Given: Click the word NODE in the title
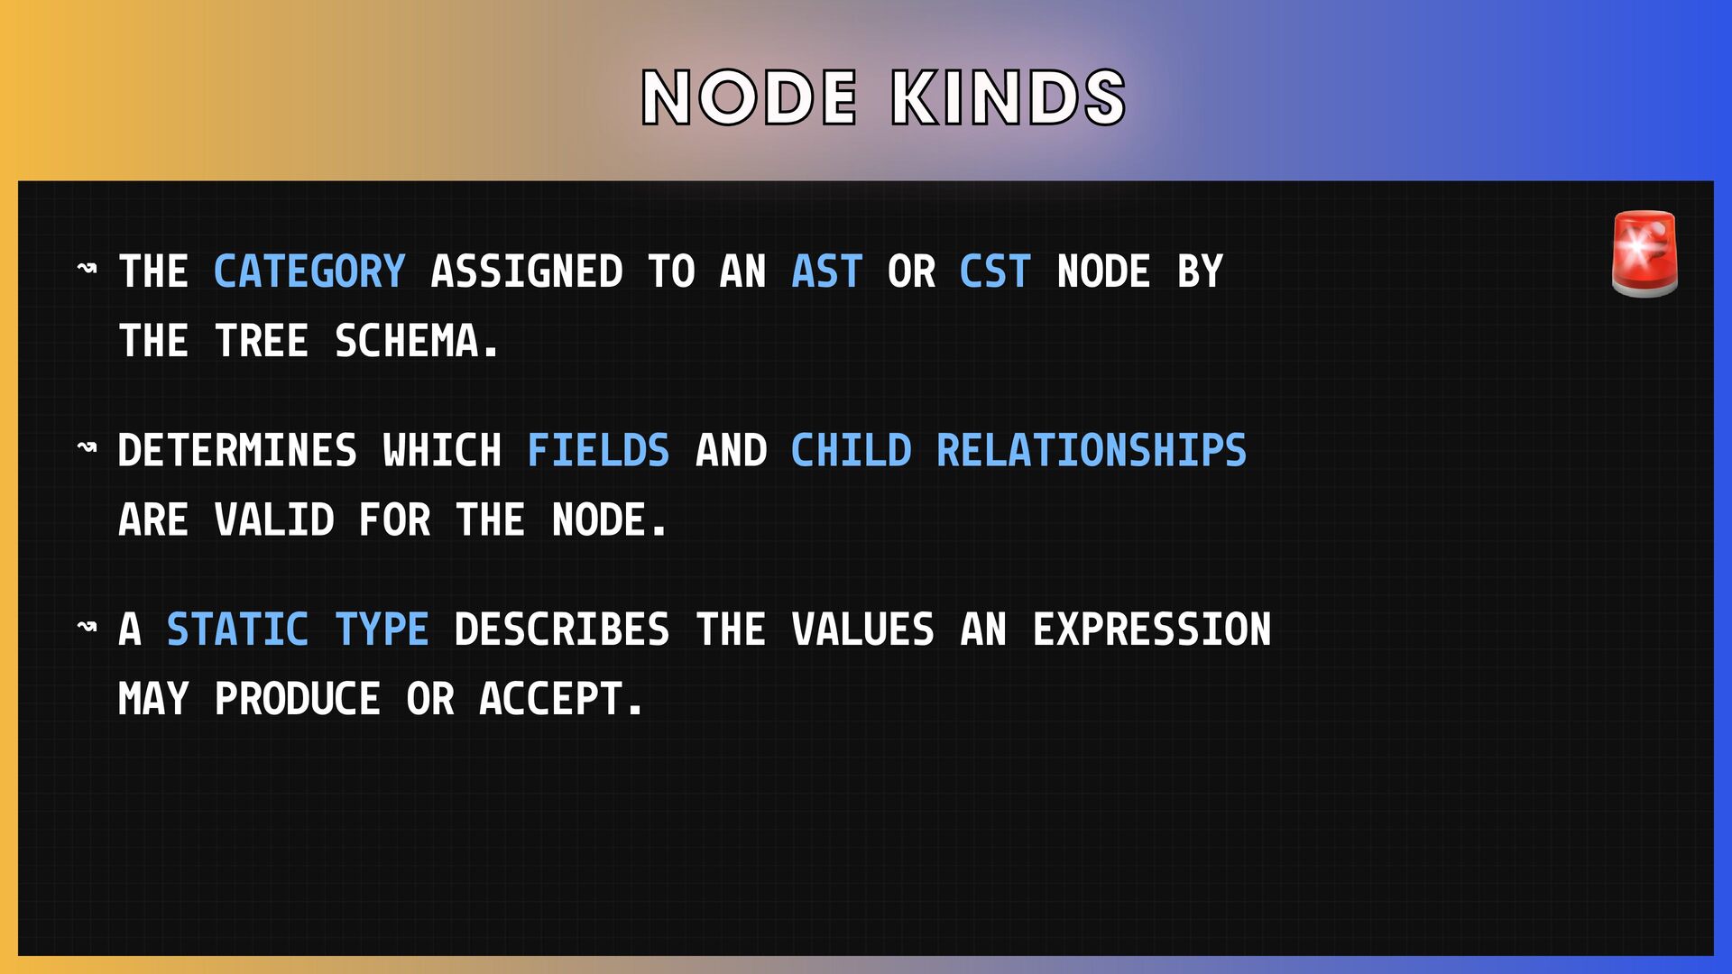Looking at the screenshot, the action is (x=749, y=97).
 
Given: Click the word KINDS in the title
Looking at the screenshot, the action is (x=1009, y=97).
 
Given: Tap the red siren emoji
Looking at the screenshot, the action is (x=1644, y=254).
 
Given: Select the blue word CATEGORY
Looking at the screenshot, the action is (x=309, y=271).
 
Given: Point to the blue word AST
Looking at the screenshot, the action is (x=827, y=271).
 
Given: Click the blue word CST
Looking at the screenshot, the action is (x=995, y=271).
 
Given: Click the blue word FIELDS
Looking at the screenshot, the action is (x=598, y=450).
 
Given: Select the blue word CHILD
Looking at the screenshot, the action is (x=851, y=450).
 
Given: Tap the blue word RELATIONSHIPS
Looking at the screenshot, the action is (x=1092, y=450).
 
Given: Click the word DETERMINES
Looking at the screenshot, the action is (x=237, y=450).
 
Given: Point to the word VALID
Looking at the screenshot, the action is (x=274, y=520).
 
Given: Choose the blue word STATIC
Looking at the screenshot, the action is (x=237, y=629).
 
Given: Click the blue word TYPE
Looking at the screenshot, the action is (x=382, y=629).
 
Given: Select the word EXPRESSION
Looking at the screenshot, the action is (x=1152, y=629).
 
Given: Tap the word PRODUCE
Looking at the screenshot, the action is (x=298, y=699).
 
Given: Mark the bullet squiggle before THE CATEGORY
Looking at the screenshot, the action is (x=88, y=268).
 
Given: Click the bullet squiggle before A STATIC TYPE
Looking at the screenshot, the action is (x=88, y=626).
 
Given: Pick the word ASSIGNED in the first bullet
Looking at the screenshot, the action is (x=527, y=271).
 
